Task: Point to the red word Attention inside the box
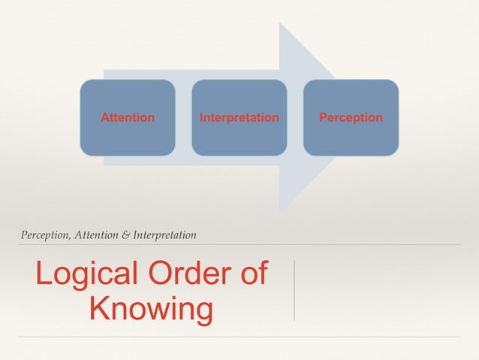[128, 118]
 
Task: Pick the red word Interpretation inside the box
[239, 118]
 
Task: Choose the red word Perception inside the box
[351, 118]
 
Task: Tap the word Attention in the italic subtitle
[92, 235]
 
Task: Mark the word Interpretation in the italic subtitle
[164, 235]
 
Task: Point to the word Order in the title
[182, 274]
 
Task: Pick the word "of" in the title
[250, 274]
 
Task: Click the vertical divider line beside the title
[294, 291]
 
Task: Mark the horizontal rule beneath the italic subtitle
[239, 245]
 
